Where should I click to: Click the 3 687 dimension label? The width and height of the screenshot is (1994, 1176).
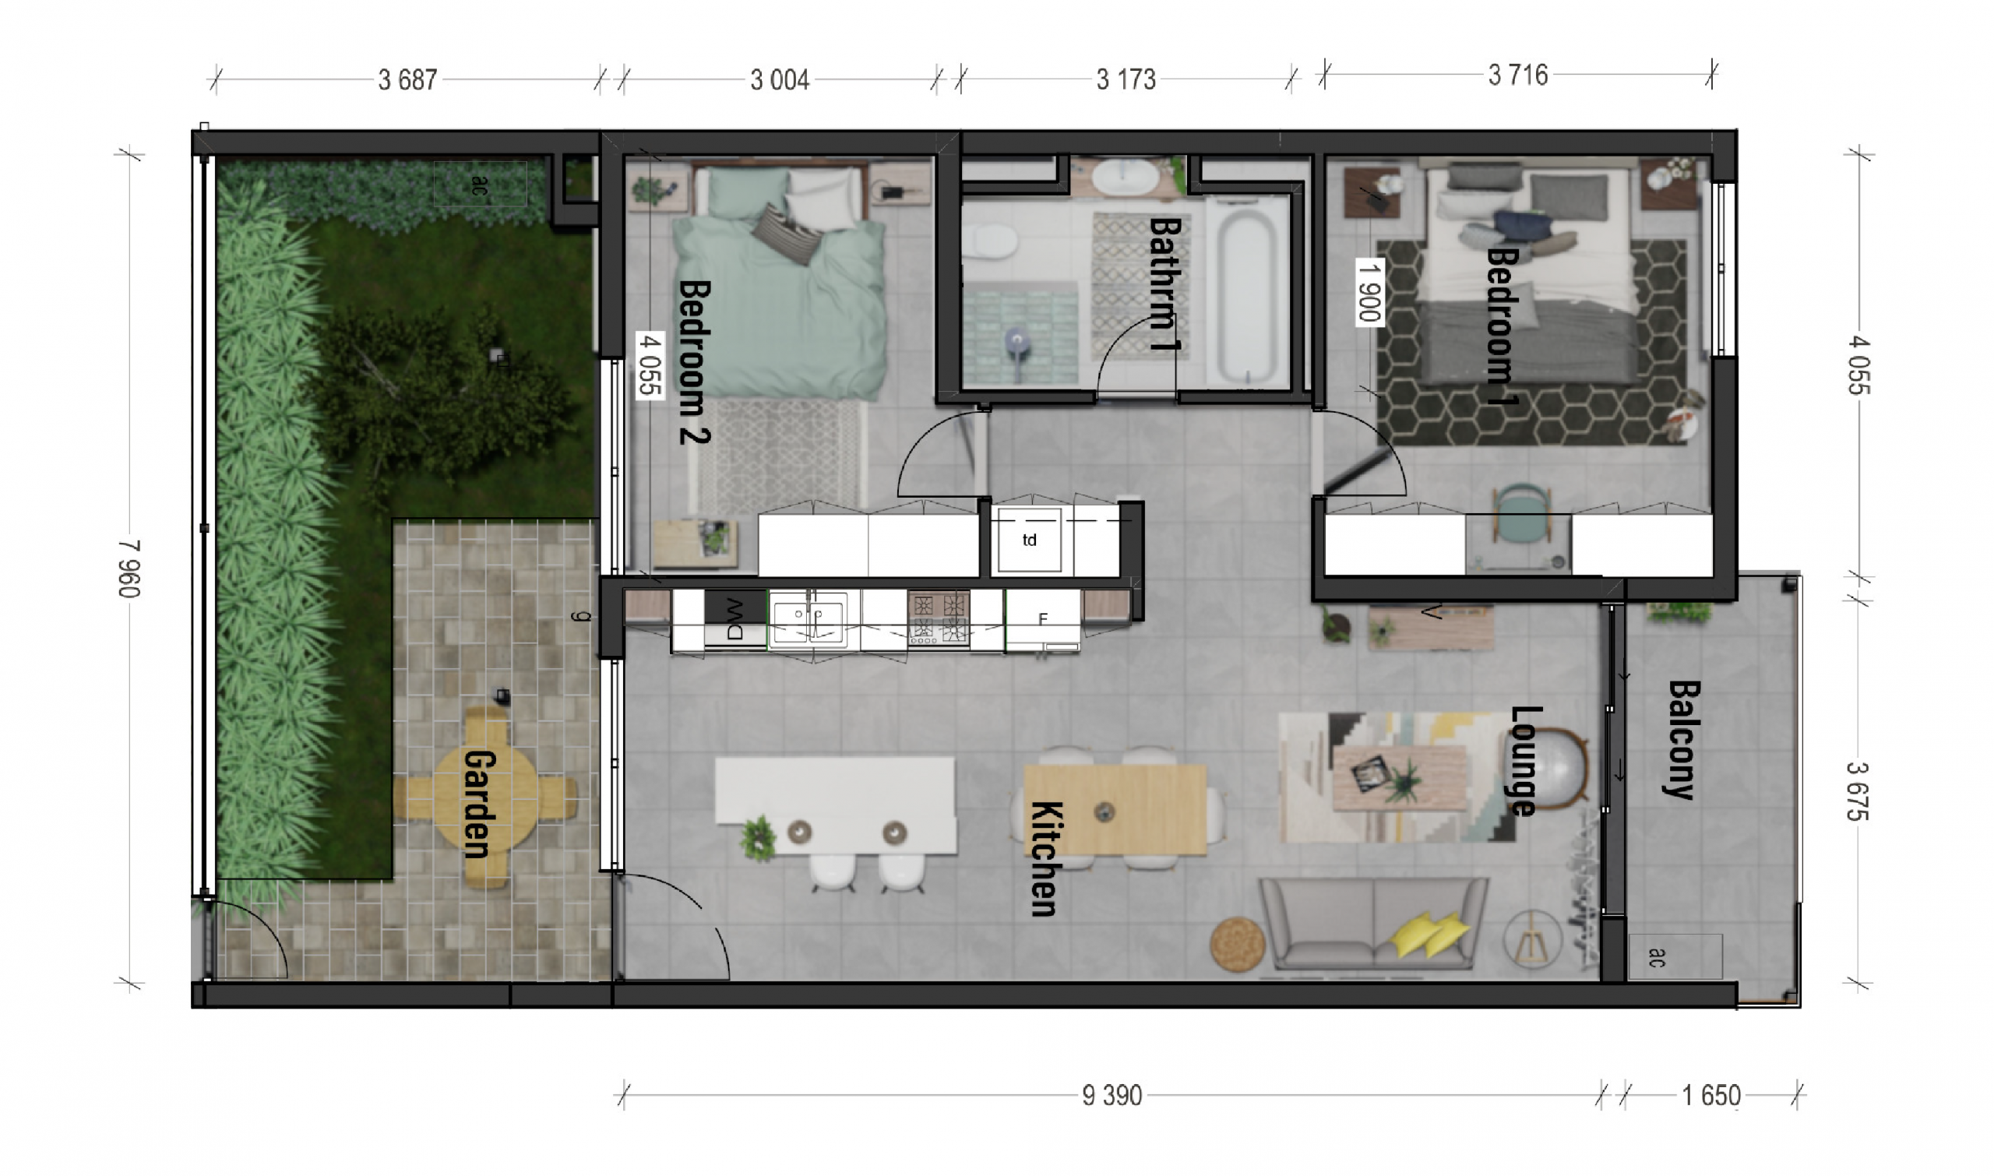click(x=407, y=80)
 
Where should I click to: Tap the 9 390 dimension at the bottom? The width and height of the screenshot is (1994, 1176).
click(x=1111, y=1096)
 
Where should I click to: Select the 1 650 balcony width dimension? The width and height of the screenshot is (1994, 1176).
click(x=1711, y=1096)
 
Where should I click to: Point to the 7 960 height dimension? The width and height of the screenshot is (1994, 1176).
click(x=129, y=569)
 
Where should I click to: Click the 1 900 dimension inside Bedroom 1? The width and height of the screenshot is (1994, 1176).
click(x=1369, y=291)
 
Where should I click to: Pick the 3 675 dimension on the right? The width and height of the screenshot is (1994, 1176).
click(x=1858, y=790)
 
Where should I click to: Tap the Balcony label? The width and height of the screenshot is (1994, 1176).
click(x=1681, y=740)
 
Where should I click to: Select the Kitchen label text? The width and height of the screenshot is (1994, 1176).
click(x=1045, y=859)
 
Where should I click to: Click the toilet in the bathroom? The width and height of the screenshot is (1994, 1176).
click(x=988, y=241)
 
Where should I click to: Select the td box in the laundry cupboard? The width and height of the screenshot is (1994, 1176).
click(x=1029, y=540)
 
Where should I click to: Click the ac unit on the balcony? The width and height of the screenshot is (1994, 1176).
click(x=1675, y=956)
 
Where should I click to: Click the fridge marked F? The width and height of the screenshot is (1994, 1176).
click(x=1043, y=619)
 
